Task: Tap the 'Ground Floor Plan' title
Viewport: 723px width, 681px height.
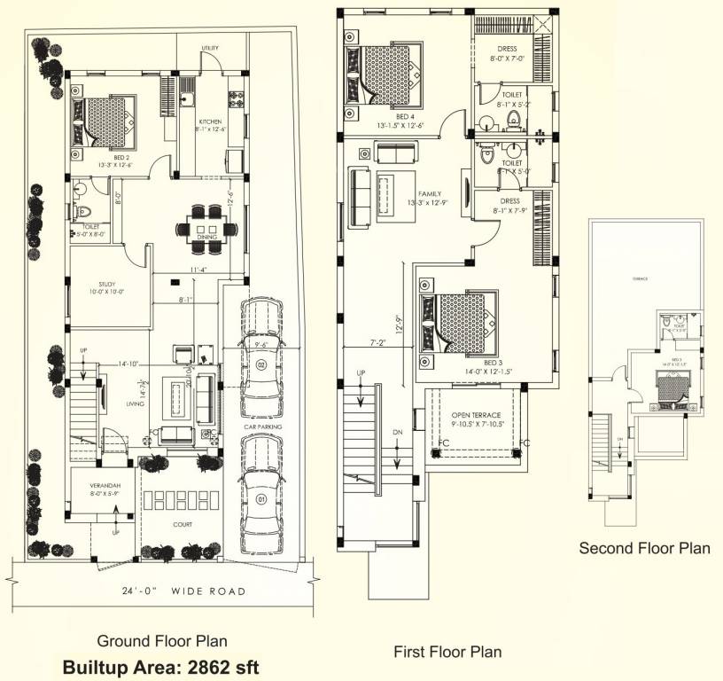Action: [x=161, y=641]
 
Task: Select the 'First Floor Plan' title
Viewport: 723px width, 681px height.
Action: [x=447, y=652]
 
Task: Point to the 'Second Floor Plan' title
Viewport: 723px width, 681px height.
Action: [x=644, y=548]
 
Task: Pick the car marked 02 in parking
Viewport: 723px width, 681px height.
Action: [x=260, y=346]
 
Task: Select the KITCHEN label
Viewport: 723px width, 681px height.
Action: [x=209, y=121]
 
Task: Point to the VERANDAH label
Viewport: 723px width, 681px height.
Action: [x=105, y=488]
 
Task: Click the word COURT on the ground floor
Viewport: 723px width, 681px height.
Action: [x=183, y=524]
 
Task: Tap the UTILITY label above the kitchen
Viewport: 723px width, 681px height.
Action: [x=210, y=48]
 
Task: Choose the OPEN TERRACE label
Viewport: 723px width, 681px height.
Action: [x=476, y=415]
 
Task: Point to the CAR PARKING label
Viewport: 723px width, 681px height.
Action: [x=263, y=427]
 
